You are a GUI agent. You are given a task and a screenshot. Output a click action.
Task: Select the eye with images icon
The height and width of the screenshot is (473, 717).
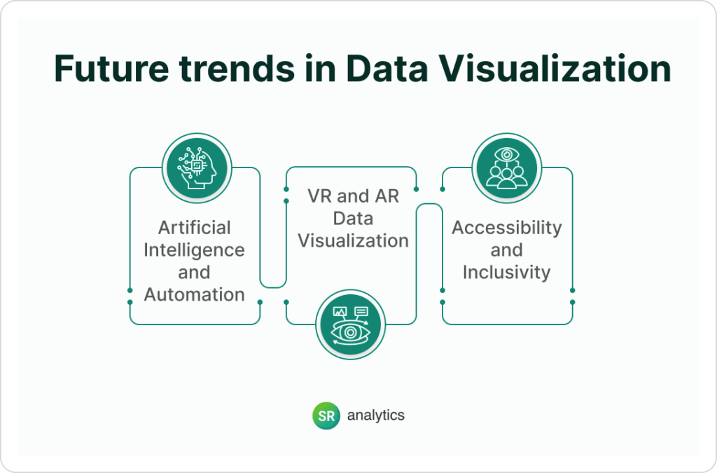pos(351,324)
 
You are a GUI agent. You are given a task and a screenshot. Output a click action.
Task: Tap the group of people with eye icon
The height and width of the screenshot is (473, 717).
pos(506,167)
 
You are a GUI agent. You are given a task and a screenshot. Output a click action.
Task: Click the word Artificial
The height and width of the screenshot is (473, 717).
pos(194,228)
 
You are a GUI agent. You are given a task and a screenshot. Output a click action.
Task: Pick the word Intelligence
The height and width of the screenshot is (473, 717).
pos(194,250)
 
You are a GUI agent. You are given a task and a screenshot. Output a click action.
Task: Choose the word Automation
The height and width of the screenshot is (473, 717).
pos(194,294)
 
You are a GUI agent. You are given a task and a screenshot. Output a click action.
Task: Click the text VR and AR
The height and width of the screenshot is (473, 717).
pos(353,196)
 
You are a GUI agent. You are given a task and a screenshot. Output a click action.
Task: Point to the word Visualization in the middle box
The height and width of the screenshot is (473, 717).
pos(353,240)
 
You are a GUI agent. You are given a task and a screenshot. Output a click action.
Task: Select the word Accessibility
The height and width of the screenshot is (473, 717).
pos(506,228)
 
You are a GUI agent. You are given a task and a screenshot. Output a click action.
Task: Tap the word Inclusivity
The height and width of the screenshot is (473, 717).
pos(506,272)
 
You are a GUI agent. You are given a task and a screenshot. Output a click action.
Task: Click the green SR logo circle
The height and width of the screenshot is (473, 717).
pos(326,416)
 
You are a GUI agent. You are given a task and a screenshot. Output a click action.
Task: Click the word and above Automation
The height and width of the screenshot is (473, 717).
pos(194,273)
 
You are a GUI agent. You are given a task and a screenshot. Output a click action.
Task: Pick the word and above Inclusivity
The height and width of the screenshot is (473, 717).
pos(506,250)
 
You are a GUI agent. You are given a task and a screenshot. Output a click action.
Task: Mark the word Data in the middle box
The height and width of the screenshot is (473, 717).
pos(353,218)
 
